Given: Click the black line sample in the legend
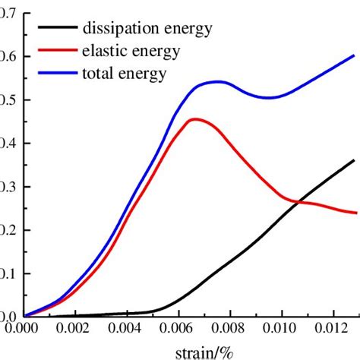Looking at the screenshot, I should click(x=58, y=30).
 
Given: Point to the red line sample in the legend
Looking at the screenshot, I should click(x=58, y=52).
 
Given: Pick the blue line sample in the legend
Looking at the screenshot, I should click(x=58, y=74).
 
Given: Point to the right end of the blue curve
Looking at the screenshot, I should click(x=354, y=55).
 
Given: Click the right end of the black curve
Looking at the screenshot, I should click(x=354, y=159).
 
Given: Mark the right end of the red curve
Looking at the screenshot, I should click(x=354, y=213).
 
